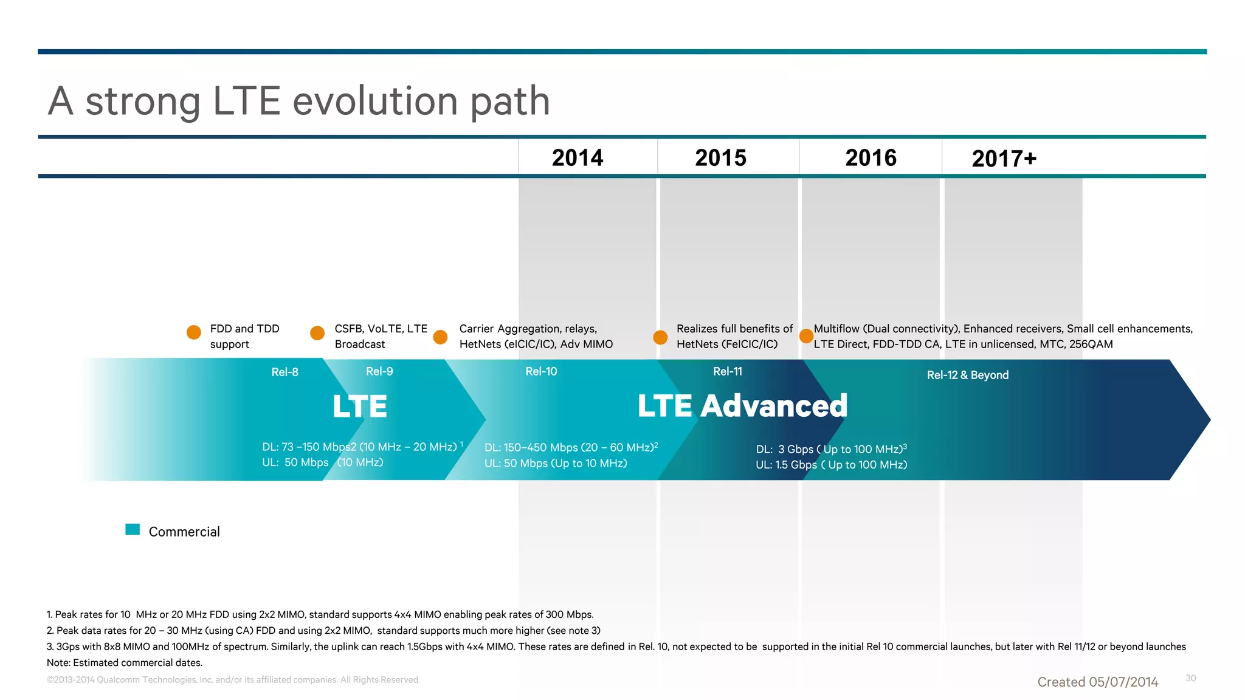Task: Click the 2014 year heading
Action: click(x=578, y=158)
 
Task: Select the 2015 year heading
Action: click(x=720, y=158)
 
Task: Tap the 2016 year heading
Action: click(x=871, y=158)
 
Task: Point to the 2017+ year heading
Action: click(x=1004, y=159)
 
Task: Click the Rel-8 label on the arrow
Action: click(x=285, y=372)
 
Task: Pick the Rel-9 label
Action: click(x=379, y=371)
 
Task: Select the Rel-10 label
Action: click(x=541, y=371)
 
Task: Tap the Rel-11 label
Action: click(x=727, y=371)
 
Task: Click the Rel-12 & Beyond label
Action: click(x=967, y=375)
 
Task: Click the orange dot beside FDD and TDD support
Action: click(x=194, y=332)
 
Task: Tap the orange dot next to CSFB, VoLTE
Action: click(x=317, y=333)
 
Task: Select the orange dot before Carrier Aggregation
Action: click(x=440, y=337)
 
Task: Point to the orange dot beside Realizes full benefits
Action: click(x=660, y=337)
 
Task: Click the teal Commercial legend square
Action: click(x=133, y=529)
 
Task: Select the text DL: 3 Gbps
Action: click(x=785, y=449)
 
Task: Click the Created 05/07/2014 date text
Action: click(x=1097, y=682)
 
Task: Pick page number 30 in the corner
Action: click(x=1190, y=678)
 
